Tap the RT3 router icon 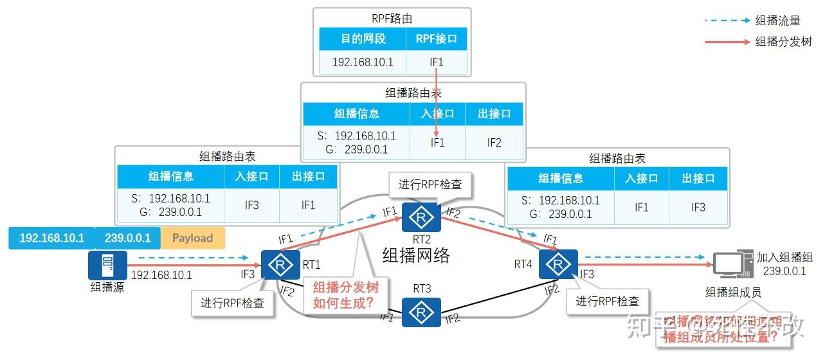click(x=422, y=312)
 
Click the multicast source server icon click(x=107, y=265)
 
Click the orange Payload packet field click(x=192, y=238)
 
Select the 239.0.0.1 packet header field click(x=127, y=238)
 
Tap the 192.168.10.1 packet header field click(x=51, y=238)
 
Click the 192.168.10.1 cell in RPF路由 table click(x=363, y=62)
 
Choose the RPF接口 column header click(x=437, y=39)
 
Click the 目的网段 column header click(x=363, y=39)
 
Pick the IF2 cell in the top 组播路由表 click(x=494, y=143)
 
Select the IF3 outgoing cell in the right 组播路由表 click(x=698, y=207)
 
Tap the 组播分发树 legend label click(x=783, y=42)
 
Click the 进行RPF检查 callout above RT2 click(x=430, y=184)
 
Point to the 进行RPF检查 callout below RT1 click(x=233, y=303)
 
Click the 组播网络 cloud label click(x=416, y=255)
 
